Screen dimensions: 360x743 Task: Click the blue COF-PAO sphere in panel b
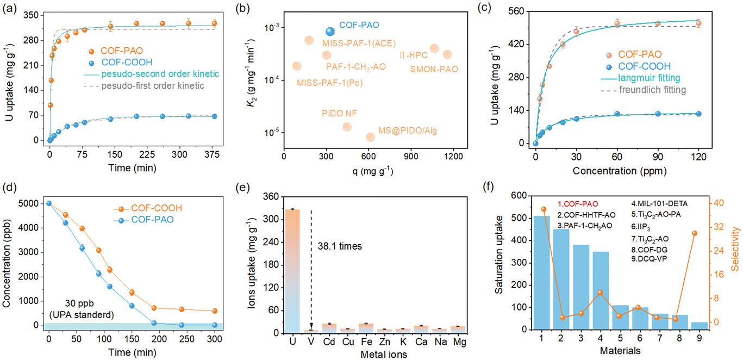click(x=330, y=32)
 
